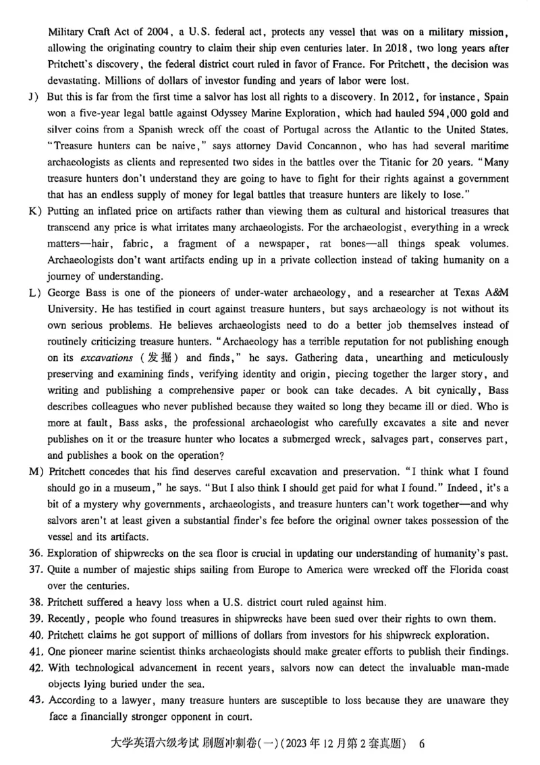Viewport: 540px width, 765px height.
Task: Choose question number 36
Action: click(37, 553)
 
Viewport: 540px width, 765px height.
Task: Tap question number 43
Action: click(37, 701)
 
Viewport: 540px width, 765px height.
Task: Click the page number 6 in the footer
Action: click(422, 743)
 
